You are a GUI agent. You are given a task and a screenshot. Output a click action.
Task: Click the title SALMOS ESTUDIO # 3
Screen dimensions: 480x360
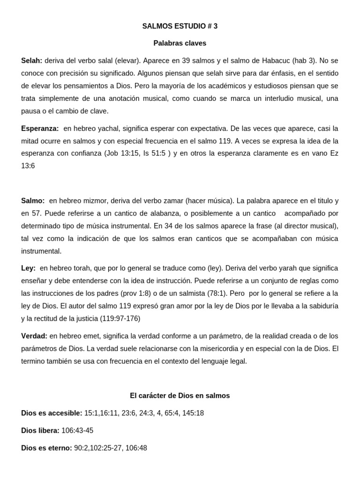pos(180,26)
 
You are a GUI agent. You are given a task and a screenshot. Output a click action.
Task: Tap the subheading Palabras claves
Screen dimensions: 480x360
pos(180,43)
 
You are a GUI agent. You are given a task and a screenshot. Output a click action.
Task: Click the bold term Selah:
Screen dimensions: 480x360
pos(32,60)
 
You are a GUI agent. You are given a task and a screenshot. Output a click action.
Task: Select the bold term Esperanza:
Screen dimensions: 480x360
pos(40,128)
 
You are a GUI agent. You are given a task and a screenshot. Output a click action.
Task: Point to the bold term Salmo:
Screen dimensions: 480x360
pos(33,201)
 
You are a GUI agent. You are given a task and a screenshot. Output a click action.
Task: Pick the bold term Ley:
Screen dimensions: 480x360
pos(28,268)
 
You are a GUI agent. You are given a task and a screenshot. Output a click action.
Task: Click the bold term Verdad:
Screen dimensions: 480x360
pos(34,336)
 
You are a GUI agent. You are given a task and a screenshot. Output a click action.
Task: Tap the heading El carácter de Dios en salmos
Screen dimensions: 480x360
pos(180,396)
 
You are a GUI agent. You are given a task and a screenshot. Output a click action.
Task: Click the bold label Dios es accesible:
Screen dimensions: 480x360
pos(52,413)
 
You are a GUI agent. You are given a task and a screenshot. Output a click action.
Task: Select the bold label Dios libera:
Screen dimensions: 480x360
pos(40,430)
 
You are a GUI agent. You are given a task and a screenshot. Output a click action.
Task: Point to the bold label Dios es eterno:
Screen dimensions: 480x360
pos(46,448)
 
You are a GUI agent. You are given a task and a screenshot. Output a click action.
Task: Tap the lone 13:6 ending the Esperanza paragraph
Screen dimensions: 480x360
pos(28,166)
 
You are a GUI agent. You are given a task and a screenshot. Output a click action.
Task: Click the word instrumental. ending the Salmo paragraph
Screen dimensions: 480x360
pos(41,251)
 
